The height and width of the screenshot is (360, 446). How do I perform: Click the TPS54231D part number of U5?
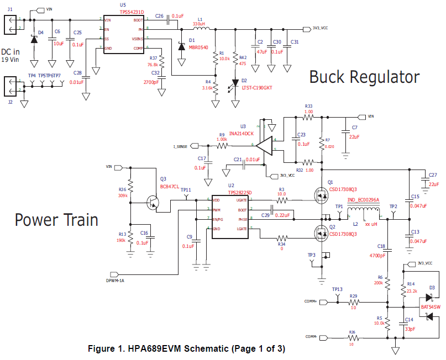click(124, 11)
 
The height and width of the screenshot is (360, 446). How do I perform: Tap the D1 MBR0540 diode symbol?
click(182, 46)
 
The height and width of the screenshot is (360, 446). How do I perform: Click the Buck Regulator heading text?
click(364, 77)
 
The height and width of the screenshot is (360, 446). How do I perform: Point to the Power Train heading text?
click(56, 220)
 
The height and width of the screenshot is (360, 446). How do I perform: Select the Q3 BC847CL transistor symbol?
click(153, 203)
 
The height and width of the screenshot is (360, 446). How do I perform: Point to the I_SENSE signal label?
click(180, 146)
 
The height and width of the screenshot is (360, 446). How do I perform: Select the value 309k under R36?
click(123, 195)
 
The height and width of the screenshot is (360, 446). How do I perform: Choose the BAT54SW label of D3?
click(431, 306)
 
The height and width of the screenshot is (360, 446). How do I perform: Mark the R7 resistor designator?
click(328, 140)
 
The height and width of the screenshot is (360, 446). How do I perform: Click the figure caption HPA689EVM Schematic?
click(187, 350)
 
